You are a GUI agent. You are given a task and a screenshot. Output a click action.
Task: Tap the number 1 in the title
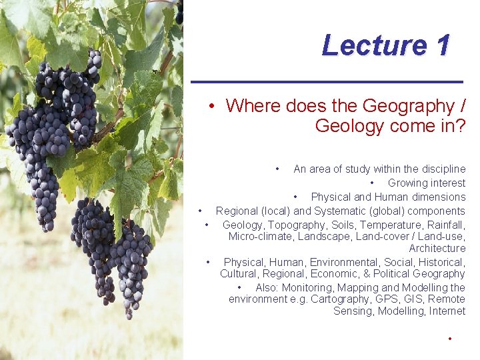[441, 45]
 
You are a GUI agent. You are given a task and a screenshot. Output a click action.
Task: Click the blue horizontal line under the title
[327, 81]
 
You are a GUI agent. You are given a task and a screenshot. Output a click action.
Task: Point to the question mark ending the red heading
[459, 125]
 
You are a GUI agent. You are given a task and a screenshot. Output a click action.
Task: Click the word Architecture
[437, 249]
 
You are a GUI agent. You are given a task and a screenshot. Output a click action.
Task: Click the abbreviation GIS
[409, 299]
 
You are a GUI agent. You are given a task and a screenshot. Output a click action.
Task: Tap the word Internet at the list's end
[448, 311]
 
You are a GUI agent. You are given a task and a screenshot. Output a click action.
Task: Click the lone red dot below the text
[451, 339]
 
